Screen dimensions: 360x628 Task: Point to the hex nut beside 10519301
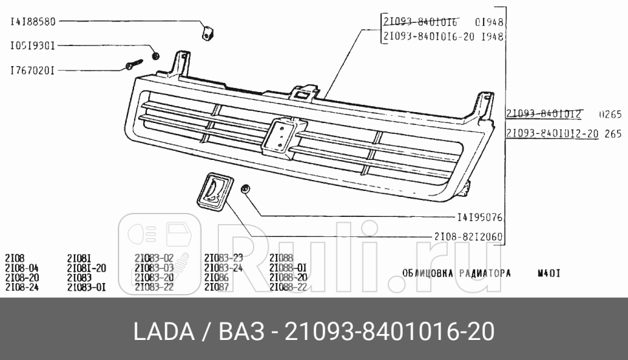click(x=155, y=55)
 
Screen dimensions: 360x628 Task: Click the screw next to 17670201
click(x=133, y=65)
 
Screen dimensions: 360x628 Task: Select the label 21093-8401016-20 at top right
click(x=430, y=37)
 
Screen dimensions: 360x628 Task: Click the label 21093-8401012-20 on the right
click(x=552, y=134)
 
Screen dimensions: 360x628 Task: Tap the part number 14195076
click(x=480, y=218)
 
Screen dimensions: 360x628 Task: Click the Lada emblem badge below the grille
click(x=213, y=192)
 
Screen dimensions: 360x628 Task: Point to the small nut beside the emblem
click(x=245, y=190)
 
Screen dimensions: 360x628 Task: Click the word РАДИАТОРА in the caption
click(x=486, y=273)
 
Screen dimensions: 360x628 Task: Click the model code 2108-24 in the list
click(x=22, y=287)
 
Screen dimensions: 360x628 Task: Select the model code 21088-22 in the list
click(x=288, y=287)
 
